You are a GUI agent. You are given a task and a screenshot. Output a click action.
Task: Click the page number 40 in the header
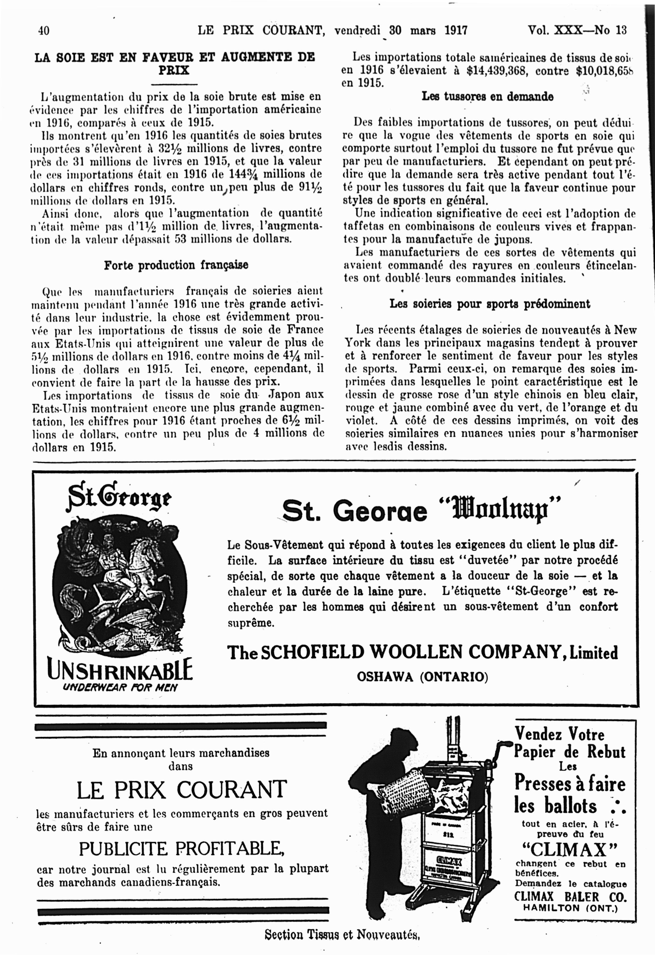pyautogui.click(x=44, y=31)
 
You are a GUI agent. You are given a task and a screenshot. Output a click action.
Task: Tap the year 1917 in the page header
pyautogui.click(x=456, y=30)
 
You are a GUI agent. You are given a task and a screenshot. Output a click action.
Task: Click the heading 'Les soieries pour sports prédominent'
pyautogui.click(x=489, y=304)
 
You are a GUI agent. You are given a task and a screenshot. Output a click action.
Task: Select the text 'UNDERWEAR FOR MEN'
pyautogui.click(x=120, y=688)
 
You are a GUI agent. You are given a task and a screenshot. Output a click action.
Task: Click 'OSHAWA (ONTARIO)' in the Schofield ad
pyautogui.click(x=422, y=677)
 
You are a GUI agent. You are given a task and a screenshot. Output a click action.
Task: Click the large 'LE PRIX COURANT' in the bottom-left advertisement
pyautogui.click(x=182, y=789)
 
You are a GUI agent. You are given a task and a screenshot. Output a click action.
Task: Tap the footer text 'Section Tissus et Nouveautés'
pyautogui.click(x=342, y=935)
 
